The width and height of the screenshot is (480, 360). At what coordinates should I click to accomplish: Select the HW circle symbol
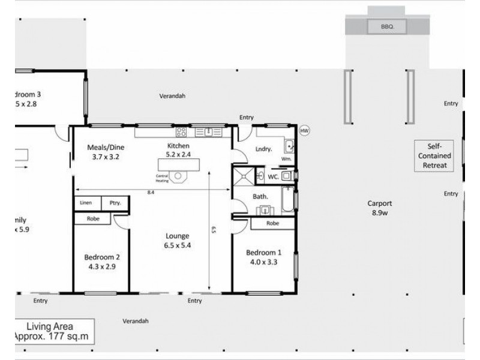click(x=304, y=130)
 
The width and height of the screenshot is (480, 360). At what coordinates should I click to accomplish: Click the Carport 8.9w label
click(x=380, y=208)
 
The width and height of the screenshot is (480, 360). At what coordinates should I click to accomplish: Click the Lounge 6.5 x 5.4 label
click(x=178, y=241)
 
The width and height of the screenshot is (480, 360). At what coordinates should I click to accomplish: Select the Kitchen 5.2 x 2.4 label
click(x=178, y=150)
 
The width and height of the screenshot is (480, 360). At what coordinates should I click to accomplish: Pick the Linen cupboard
click(x=86, y=203)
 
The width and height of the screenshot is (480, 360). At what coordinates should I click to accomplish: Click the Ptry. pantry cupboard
click(x=115, y=203)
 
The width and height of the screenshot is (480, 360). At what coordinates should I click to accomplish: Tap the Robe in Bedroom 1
click(x=271, y=223)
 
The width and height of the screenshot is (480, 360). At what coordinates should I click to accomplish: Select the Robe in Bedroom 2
click(x=93, y=219)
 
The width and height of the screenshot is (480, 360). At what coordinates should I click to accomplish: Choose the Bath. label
click(x=259, y=196)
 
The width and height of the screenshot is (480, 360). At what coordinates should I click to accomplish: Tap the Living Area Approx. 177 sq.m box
click(x=54, y=331)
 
